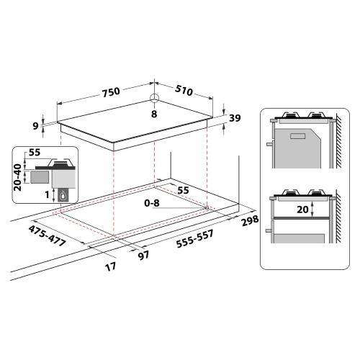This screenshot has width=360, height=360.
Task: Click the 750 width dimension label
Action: pyautogui.click(x=109, y=92)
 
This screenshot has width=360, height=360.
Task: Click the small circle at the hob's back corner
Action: pyautogui.click(x=153, y=99)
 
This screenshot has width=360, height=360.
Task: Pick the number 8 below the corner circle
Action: pyautogui.click(x=153, y=113)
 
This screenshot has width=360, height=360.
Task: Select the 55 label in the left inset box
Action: pyautogui.click(x=34, y=153)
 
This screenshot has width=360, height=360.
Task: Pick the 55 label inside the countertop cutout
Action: pyautogui.click(x=184, y=189)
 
